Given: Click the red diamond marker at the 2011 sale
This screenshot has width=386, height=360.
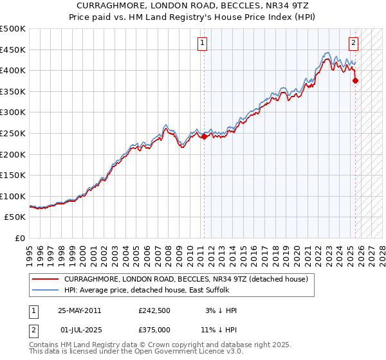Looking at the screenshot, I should coord(205,136).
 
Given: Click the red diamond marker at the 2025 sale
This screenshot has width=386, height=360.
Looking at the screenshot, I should coord(356,80).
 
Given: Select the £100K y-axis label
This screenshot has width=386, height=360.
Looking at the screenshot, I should coord(14,196).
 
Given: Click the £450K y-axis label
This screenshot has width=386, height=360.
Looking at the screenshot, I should coord(14,50).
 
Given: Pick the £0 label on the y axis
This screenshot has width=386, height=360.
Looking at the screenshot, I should coord(20,238).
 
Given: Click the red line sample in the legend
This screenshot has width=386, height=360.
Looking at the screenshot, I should coord(45,278).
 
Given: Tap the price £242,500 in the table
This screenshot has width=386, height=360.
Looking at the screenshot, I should coord(155,310).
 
